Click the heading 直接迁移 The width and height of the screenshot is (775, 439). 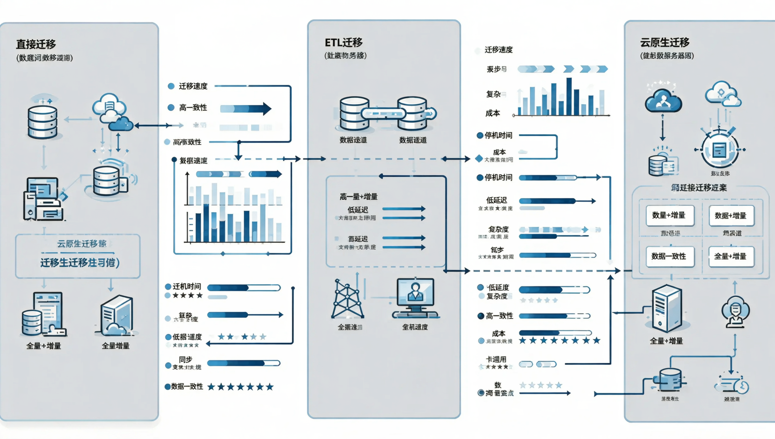pos(36,44)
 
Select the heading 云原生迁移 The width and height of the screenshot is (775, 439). pos(664,43)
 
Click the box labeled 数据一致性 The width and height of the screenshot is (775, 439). pos(669,257)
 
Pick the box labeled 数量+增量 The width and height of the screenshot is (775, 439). pos(669,215)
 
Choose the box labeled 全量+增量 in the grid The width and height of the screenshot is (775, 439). pos(731,257)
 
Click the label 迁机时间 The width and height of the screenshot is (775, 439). pos(186,286)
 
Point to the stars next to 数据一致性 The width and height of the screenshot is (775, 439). pos(240,387)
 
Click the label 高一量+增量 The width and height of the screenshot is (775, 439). pos(358,197)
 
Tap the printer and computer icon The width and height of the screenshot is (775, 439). pos(42,199)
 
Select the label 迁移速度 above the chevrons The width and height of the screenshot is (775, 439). pos(498,50)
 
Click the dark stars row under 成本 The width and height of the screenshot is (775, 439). pos(559,341)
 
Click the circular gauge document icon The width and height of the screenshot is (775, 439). pos(719,150)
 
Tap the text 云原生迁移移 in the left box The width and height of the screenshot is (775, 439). pos(81,244)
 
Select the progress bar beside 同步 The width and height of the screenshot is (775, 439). pos(244,363)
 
